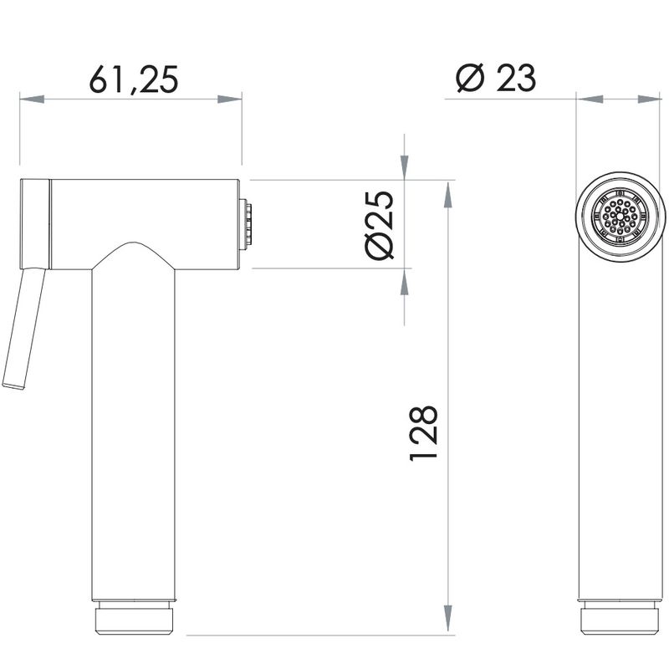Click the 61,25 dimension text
134,79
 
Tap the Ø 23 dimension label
496,78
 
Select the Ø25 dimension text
380,225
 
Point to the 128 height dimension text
424,433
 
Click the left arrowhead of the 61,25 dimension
32,99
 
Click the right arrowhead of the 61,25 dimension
229,99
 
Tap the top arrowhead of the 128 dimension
447,195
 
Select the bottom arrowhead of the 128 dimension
447,619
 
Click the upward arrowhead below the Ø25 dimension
404,281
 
